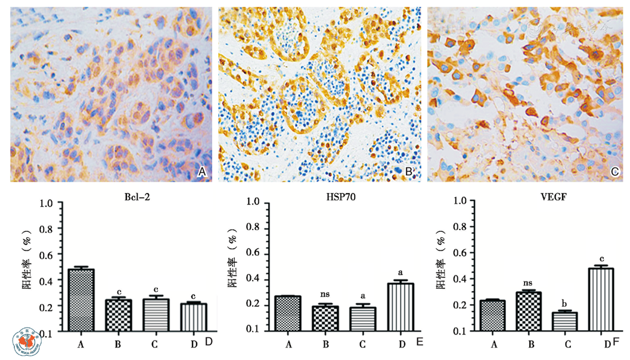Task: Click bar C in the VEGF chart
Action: (566, 321)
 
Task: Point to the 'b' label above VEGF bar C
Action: (566, 302)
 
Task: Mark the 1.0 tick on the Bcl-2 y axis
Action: (46, 203)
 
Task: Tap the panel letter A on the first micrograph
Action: (201, 172)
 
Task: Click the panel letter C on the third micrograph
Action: (616, 172)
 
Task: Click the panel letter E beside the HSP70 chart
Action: (419, 342)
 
